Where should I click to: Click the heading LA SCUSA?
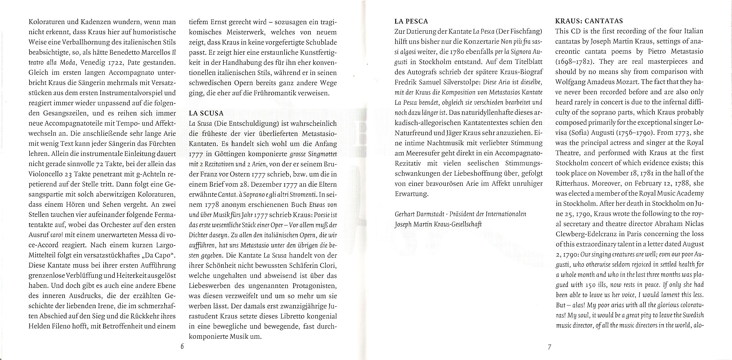click(x=206, y=113)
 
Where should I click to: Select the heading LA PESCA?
click(x=411, y=21)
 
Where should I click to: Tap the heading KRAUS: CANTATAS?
click(x=589, y=21)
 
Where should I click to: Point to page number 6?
click(x=182, y=347)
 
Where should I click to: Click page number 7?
click(x=549, y=347)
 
